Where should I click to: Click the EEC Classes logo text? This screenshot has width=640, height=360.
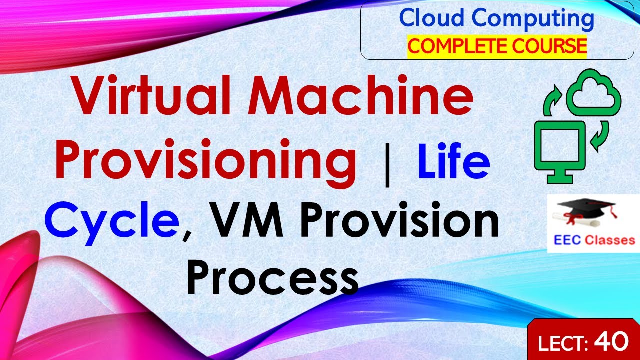pyautogui.click(x=594, y=240)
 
